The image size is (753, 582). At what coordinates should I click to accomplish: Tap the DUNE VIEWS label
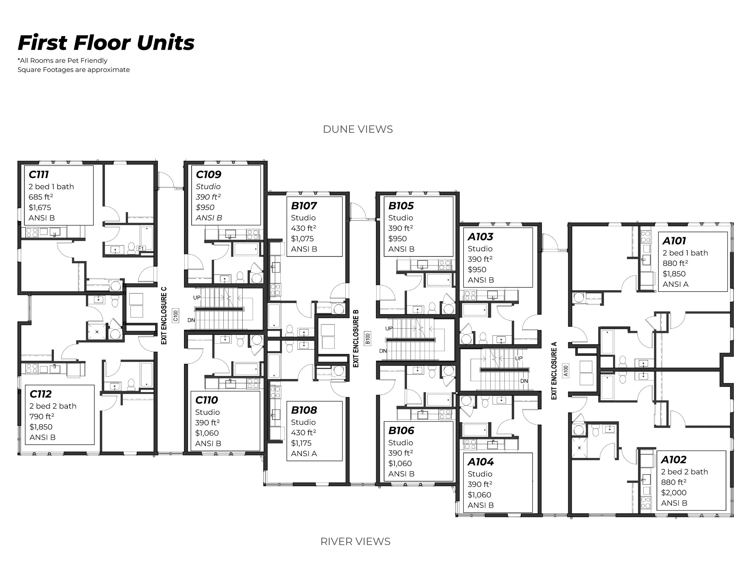(x=358, y=129)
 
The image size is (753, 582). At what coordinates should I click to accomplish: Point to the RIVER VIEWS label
(x=355, y=541)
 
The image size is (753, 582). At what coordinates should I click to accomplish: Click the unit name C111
(x=39, y=174)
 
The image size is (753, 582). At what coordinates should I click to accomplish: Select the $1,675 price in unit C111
(x=40, y=208)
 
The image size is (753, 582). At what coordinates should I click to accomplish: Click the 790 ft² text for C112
(x=42, y=417)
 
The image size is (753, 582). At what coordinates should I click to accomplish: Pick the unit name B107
(x=304, y=206)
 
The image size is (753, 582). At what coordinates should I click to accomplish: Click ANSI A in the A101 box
(x=675, y=284)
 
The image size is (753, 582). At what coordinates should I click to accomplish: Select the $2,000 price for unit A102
(x=674, y=493)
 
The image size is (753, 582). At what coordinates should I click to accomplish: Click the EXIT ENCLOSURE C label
(x=164, y=315)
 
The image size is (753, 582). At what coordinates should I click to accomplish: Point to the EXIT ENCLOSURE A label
(x=554, y=371)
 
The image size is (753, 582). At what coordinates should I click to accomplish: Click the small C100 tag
(x=176, y=315)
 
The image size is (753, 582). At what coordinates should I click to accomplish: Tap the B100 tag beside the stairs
(x=367, y=338)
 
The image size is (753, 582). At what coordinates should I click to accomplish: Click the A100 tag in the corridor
(x=565, y=371)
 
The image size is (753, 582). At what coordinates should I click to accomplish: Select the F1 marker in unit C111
(x=141, y=248)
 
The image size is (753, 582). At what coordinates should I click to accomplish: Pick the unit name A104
(x=480, y=462)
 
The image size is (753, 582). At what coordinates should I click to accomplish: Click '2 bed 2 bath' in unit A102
(x=684, y=472)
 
